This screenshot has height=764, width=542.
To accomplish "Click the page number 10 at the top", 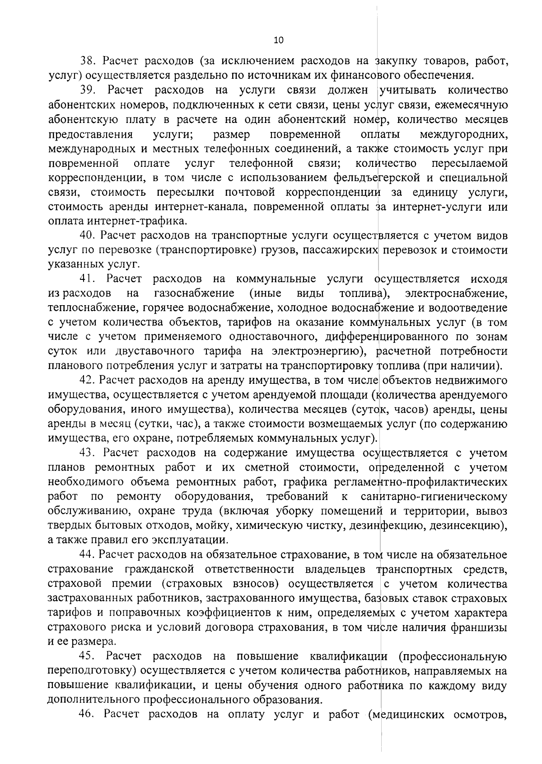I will (278, 41).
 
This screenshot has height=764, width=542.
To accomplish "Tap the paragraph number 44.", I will (88, 554).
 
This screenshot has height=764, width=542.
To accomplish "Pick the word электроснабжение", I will (456, 293).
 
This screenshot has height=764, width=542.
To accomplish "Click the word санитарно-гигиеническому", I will (434, 497).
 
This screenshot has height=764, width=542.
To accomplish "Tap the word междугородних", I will (463, 135).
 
